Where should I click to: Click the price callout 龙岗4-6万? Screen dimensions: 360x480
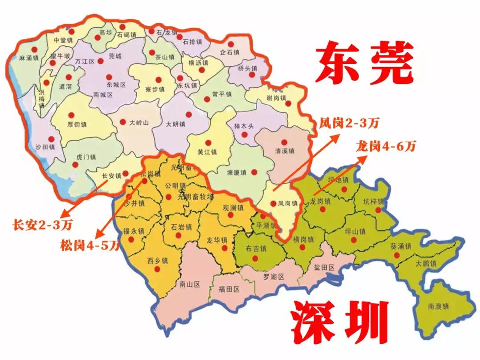(x=385, y=146)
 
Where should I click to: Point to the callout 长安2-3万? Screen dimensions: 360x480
(x=43, y=225)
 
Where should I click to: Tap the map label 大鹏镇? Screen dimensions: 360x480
(x=426, y=264)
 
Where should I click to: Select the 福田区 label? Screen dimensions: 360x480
(x=229, y=289)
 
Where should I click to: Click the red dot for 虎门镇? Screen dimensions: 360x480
(x=75, y=165)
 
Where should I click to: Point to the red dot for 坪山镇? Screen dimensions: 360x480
(x=354, y=240)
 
